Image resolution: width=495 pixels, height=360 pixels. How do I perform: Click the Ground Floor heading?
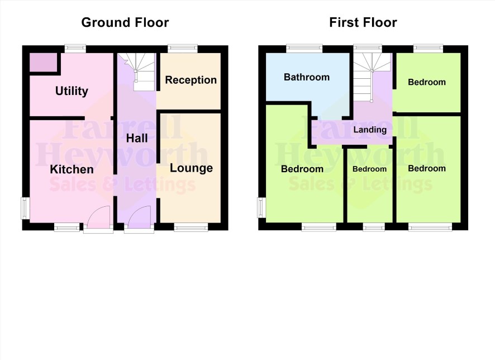[125, 22]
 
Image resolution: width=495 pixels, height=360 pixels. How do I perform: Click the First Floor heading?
[363, 22]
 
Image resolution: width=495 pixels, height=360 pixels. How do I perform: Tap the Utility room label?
[72, 91]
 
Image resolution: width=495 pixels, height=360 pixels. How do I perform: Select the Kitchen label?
[72, 169]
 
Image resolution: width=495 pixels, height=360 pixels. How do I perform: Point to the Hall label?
[137, 138]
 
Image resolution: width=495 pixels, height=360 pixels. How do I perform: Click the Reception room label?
[191, 80]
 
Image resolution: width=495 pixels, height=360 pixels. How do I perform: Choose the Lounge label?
[191, 168]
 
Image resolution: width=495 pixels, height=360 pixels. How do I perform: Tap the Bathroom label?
[307, 77]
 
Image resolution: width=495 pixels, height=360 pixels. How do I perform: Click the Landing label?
[370, 130]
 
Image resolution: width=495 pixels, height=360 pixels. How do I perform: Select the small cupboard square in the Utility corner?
[43, 63]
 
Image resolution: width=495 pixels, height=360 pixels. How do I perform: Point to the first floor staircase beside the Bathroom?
[373, 77]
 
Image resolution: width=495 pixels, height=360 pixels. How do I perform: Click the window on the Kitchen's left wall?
[25, 208]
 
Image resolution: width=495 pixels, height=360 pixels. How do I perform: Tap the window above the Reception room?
[183, 48]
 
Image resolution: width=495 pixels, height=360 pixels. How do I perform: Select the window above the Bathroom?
[304, 48]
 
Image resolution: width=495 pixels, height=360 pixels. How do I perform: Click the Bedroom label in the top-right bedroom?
[427, 82]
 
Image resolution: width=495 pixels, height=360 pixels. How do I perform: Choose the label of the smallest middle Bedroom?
[369, 169]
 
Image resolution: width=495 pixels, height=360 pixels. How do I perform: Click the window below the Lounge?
[191, 227]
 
